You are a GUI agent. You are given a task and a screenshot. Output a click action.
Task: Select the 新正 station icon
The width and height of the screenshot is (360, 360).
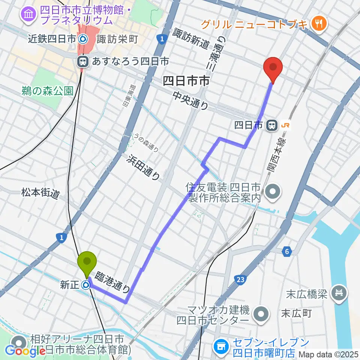[x=87, y=285]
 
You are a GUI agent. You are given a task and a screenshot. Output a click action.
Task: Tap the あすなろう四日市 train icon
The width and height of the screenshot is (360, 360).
[x=82, y=61]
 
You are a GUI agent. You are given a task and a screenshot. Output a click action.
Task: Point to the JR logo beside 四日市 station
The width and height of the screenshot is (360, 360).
[x=286, y=126]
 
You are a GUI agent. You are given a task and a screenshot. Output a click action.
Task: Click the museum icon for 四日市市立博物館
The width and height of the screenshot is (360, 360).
[x=28, y=15]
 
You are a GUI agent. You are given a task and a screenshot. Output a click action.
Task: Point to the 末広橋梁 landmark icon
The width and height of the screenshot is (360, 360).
[x=340, y=292]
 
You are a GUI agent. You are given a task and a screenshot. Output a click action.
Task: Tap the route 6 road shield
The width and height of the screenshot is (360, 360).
[x=287, y=251]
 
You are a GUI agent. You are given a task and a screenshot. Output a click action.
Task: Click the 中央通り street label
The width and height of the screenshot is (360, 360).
[x=190, y=101]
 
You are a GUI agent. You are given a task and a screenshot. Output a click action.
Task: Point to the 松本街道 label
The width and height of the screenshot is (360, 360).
[x=40, y=194]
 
